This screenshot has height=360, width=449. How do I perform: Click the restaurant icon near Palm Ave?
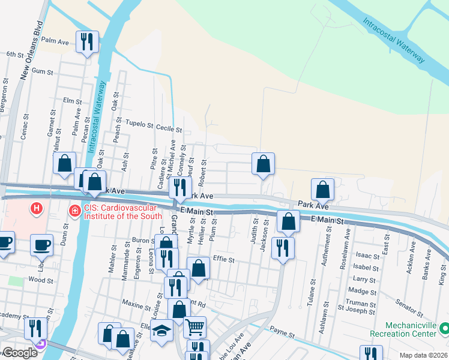coord(87,41)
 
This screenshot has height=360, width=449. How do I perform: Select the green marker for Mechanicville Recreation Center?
coord(445,328)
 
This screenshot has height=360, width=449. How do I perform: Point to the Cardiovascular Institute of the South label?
coord(123,212)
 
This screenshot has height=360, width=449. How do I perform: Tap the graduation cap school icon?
coord(161,330)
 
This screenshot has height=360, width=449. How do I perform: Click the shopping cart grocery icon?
coord(194,328)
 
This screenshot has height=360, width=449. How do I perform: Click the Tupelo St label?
coord(139,124)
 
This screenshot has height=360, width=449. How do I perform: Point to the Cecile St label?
coord(169,128)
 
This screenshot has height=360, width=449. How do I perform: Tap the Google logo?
coord(19,353)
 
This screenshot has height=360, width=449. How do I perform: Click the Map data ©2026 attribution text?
coord(424,355)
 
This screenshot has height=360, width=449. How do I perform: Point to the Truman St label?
coord(364,304)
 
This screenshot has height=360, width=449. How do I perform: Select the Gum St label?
coord(42,71)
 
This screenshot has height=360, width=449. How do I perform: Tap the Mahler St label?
coord(112,260)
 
